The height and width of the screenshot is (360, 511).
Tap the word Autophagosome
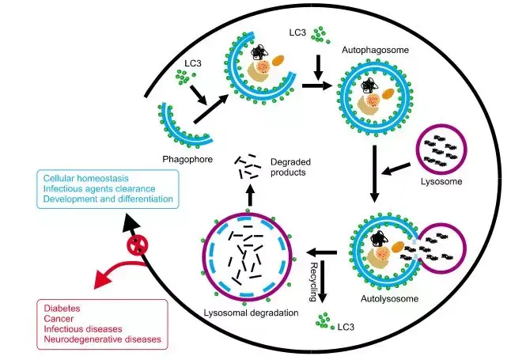pos(370,49)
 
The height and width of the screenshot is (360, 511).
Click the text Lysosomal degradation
pos(251,313)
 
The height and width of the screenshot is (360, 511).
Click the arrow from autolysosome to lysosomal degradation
pos(323,253)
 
